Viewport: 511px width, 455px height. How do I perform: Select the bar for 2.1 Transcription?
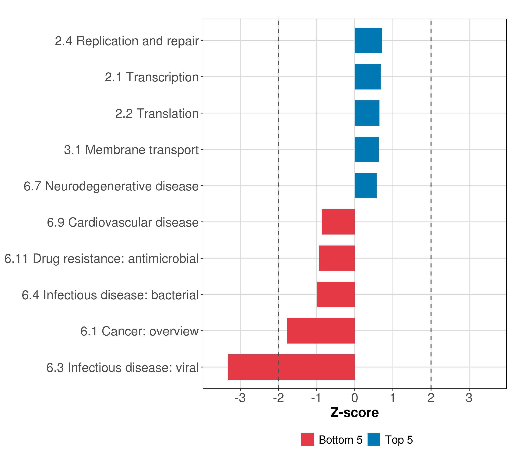(x=368, y=77)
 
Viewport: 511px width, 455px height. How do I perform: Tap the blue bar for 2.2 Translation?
(x=367, y=113)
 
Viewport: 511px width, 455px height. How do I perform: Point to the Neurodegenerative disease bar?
(x=365, y=186)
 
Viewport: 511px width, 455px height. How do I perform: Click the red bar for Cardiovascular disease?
(x=338, y=222)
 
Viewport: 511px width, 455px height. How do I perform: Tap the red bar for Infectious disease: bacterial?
(x=336, y=294)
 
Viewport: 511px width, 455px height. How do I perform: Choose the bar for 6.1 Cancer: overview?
(x=321, y=331)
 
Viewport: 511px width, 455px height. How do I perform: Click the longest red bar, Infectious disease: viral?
(x=291, y=367)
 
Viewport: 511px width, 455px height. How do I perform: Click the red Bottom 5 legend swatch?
(x=307, y=439)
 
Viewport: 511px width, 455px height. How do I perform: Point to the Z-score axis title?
(x=354, y=412)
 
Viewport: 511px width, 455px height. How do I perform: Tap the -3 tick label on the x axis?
(x=240, y=398)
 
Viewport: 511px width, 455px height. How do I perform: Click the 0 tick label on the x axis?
(x=354, y=398)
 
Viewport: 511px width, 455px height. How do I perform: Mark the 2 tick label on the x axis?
(x=431, y=398)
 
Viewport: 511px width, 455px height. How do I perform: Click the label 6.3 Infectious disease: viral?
(x=122, y=368)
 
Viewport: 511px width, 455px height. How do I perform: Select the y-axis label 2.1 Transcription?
(x=151, y=77)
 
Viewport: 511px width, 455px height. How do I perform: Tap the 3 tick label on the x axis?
(x=469, y=398)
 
